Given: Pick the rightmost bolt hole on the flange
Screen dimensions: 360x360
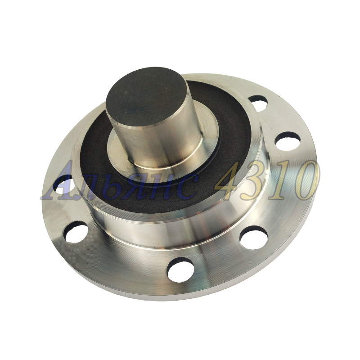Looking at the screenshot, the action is [288, 141].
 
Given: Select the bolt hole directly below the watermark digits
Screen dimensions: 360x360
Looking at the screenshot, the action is [254, 238].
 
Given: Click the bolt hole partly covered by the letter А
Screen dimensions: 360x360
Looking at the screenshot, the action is [63, 184].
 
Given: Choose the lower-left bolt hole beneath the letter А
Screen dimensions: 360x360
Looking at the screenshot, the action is [76, 232].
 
